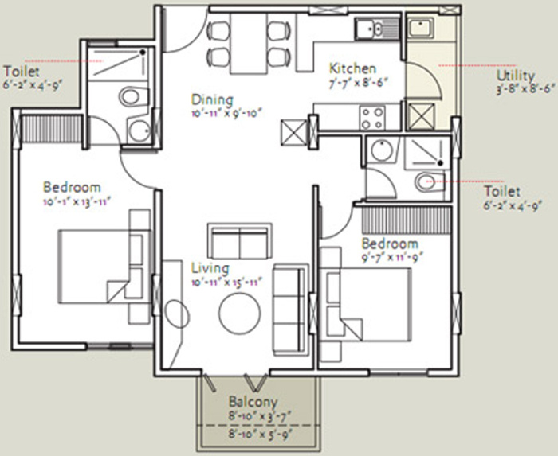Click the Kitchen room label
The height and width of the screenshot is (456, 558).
pyautogui.click(x=352, y=68)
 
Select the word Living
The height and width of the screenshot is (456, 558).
pyautogui.click(x=210, y=268)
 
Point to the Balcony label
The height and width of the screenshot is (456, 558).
pyautogui.click(x=253, y=402)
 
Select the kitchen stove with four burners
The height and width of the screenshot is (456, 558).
pyautogui.click(x=372, y=118)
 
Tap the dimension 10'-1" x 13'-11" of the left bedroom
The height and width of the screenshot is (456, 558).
pyautogui.click(x=75, y=202)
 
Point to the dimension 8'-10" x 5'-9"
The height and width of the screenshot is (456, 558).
pyautogui.click(x=253, y=435)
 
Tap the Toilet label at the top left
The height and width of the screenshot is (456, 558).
pyautogui.click(x=18, y=69)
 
